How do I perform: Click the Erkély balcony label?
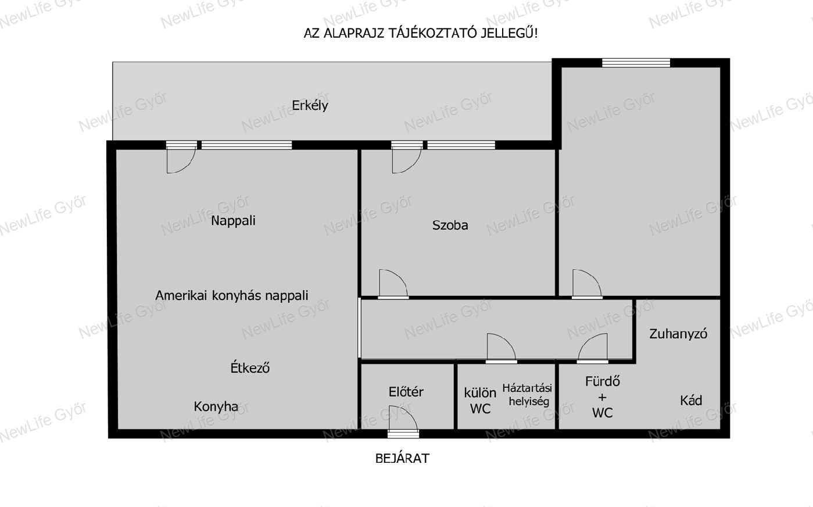tap(310, 106)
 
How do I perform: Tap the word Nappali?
tap(234, 220)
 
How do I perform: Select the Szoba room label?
tap(450, 225)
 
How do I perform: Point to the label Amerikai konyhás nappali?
tap(231, 295)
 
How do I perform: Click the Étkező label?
tap(250, 367)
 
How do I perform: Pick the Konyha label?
tap(216, 406)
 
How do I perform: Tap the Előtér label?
tap(406, 391)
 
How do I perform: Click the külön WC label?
tap(480, 401)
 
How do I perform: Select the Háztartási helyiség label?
tap(527, 394)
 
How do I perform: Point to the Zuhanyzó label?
tap(678, 334)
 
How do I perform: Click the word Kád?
tap(691, 400)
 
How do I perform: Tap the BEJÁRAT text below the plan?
tap(402, 458)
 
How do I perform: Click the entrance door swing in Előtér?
tap(403, 417)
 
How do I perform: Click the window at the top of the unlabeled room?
tap(636, 62)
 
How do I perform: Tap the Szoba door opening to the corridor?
tap(393, 284)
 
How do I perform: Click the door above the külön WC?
tap(502, 348)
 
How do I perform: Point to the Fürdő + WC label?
tap(603, 397)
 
